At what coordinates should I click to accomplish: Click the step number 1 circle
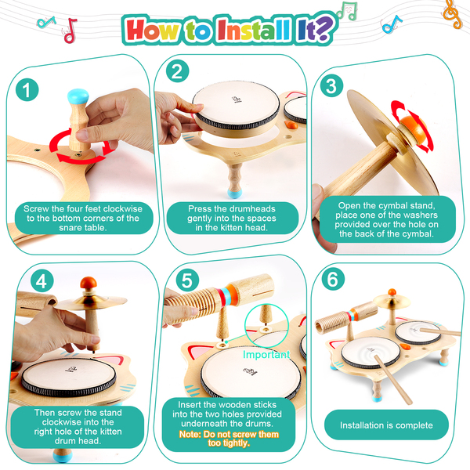coord(27,89)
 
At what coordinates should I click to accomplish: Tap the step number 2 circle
coord(178,71)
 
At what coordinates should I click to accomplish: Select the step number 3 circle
coord(331,85)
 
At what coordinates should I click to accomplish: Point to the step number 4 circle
coord(42,281)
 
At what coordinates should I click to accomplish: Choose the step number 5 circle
coord(187,280)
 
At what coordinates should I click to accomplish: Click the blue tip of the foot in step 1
coord(78,96)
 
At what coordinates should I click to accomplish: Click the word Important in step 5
coord(266,355)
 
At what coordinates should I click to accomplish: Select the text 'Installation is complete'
coord(386,425)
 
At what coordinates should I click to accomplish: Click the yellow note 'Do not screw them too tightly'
coord(229,439)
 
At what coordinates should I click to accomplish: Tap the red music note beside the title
coord(70,31)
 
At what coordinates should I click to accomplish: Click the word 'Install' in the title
coord(254,30)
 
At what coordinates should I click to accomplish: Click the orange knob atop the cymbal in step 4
coord(89,283)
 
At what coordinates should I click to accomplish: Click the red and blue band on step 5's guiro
coord(228,295)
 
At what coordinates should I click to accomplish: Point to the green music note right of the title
coord(347,11)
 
